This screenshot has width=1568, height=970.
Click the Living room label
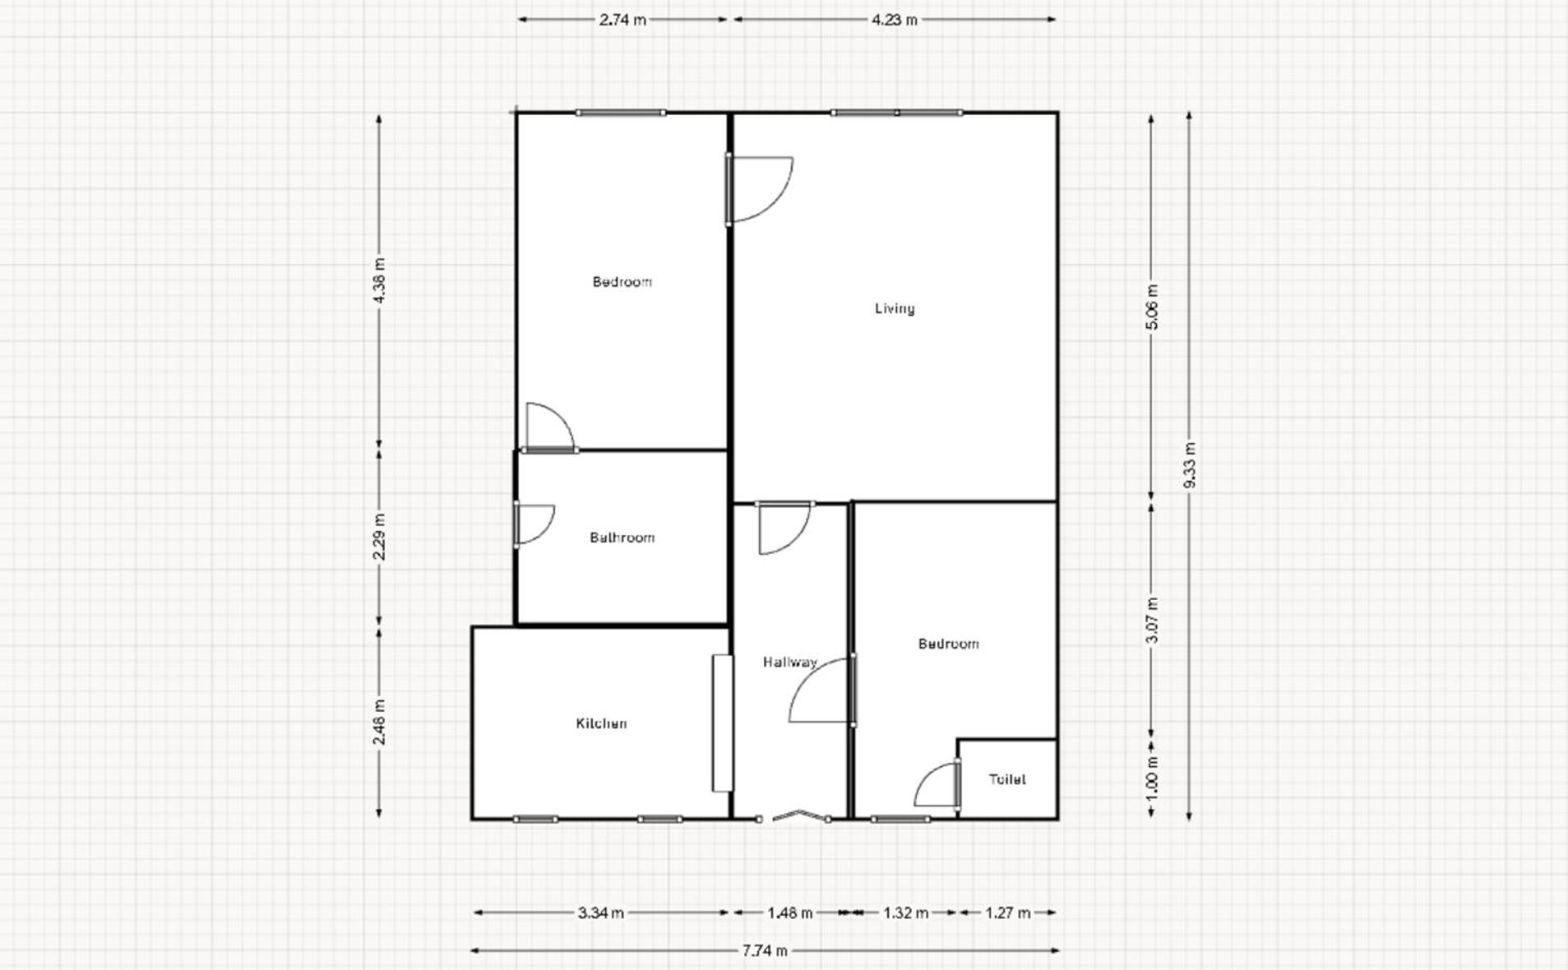(x=894, y=308)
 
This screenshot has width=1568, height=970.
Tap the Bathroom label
(x=622, y=538)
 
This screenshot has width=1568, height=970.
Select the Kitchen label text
(x=601, y=723)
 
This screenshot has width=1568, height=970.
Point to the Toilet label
(x=1006, y=779)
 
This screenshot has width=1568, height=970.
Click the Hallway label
(x=789, y=662)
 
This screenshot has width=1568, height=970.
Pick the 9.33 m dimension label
(x=1189, y=465)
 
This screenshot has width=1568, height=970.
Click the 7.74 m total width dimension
(x=765, y=951)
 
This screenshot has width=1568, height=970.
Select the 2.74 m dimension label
(x=622, y=20)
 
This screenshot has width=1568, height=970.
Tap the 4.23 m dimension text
(x=895, y=20)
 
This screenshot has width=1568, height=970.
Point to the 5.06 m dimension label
(x=1151, y=307)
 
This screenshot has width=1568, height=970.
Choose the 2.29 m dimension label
(x=379, y=537)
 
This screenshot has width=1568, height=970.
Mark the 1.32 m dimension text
(x=905, y=912)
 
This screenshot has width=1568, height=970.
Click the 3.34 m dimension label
(x=600, y=912)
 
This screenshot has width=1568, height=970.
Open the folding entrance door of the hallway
(x=793, y=816)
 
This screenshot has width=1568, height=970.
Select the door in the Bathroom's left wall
(x=532, y=524)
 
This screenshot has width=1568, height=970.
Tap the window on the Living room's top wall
(x=896, y=113)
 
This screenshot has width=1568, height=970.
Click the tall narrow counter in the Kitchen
(x=722, y=723)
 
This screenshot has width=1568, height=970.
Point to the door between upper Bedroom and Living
(x=758, y=189)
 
